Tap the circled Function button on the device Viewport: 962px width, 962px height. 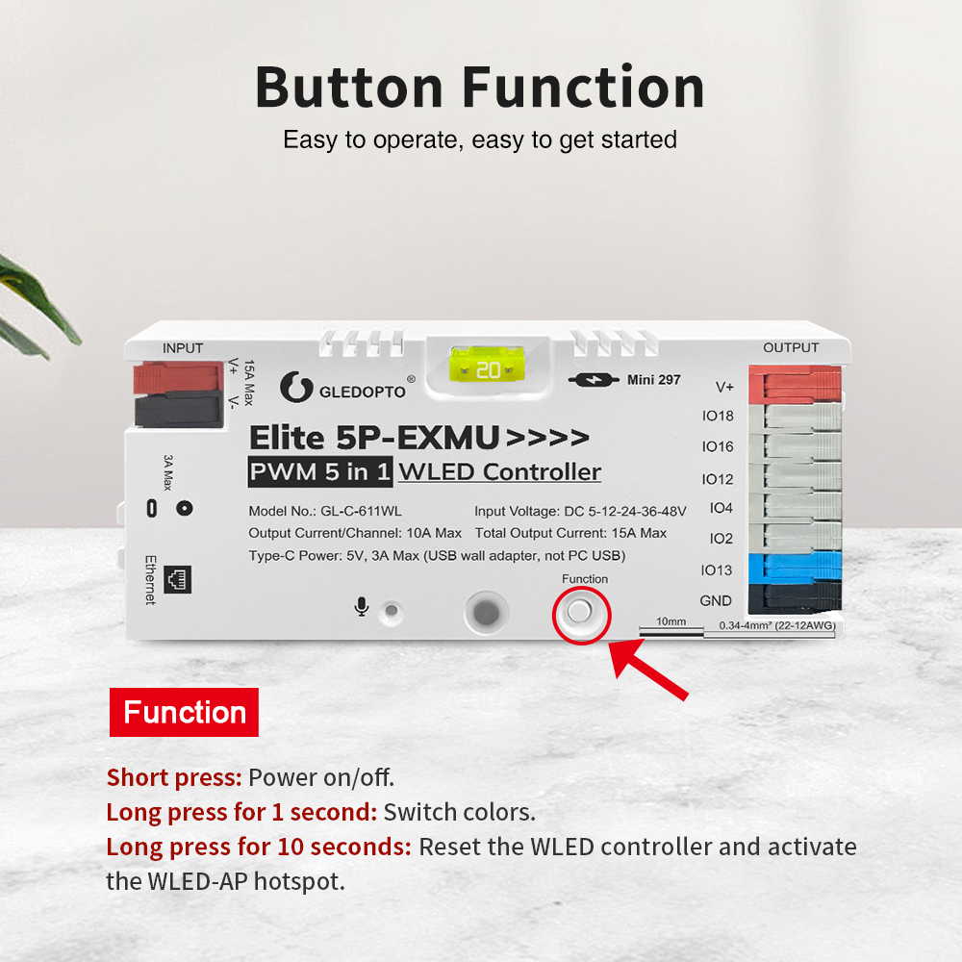pyautogui.click(x=580, y=612)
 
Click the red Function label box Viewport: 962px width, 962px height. pyautogui.click(x=184, y=712)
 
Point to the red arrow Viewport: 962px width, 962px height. pyautogui.click(x=647, y=669)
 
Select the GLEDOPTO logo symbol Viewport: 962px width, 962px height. pyautogui.click(x=296, y=387)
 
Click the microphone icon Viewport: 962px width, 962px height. pyautogui.click(x=362, y=606)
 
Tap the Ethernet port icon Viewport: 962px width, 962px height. pyautogui.click(x=178, y=579)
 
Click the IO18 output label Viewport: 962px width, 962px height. pyautogui.click(x=718, y=416)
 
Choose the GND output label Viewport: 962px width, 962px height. pyautogui.click(x=716, y=600)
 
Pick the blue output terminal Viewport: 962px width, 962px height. pyautogui.click(x=796, y=568)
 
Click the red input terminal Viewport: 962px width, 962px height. pyautogui.click(x=179, y=378)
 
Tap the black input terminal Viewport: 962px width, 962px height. pyautogui.click(x=179, y=411)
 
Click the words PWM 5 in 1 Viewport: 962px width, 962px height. pyautogui.click(x=320, y=471)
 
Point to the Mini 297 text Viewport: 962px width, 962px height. pyautogui.click(x=653, y=380)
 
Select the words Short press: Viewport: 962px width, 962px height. pyautogui.click(x=174, y=778)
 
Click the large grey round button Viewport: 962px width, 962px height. pyautogui.click(x=487, y=612)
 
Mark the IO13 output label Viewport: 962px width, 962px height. pyautogui.click(x=717, y=570)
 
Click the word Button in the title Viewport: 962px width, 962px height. pyautogui.click(x=348, y=88)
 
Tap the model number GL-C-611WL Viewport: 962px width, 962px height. pyautogui.click(x=362, y=511)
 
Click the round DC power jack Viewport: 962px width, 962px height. pyautogui.click(x=184, y=508)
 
